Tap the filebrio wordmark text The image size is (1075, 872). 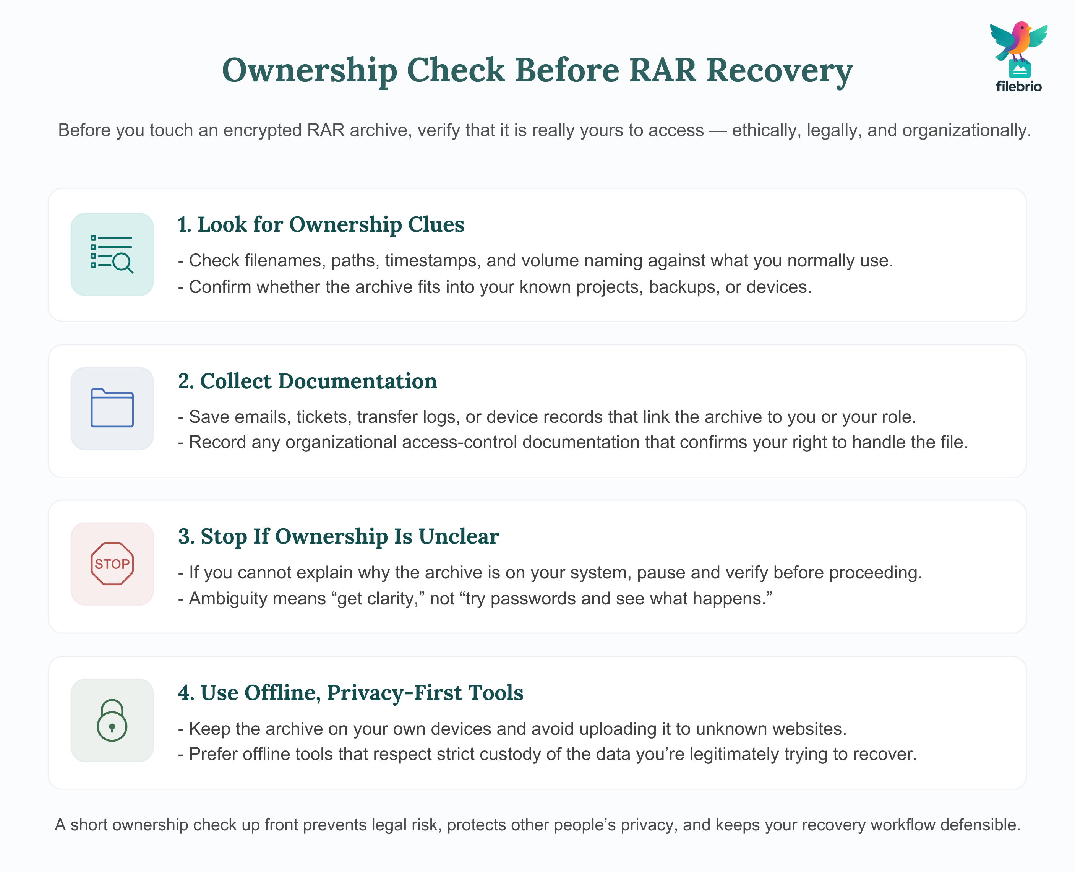[x=1018, y=86]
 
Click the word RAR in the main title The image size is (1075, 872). [x=663, y=70]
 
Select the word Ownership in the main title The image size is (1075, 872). [x=309, y=70]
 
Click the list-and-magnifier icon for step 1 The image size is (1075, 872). [x=112, y=254]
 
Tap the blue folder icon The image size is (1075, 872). [x=112, y=408]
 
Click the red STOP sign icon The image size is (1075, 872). [x=112, y=563]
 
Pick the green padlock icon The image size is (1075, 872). [x=112, y=720]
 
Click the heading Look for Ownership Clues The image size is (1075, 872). [x=321, y=224]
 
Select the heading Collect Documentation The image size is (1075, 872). [x=307, y=381]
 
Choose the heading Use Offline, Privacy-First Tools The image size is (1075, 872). [x=350, y=693]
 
